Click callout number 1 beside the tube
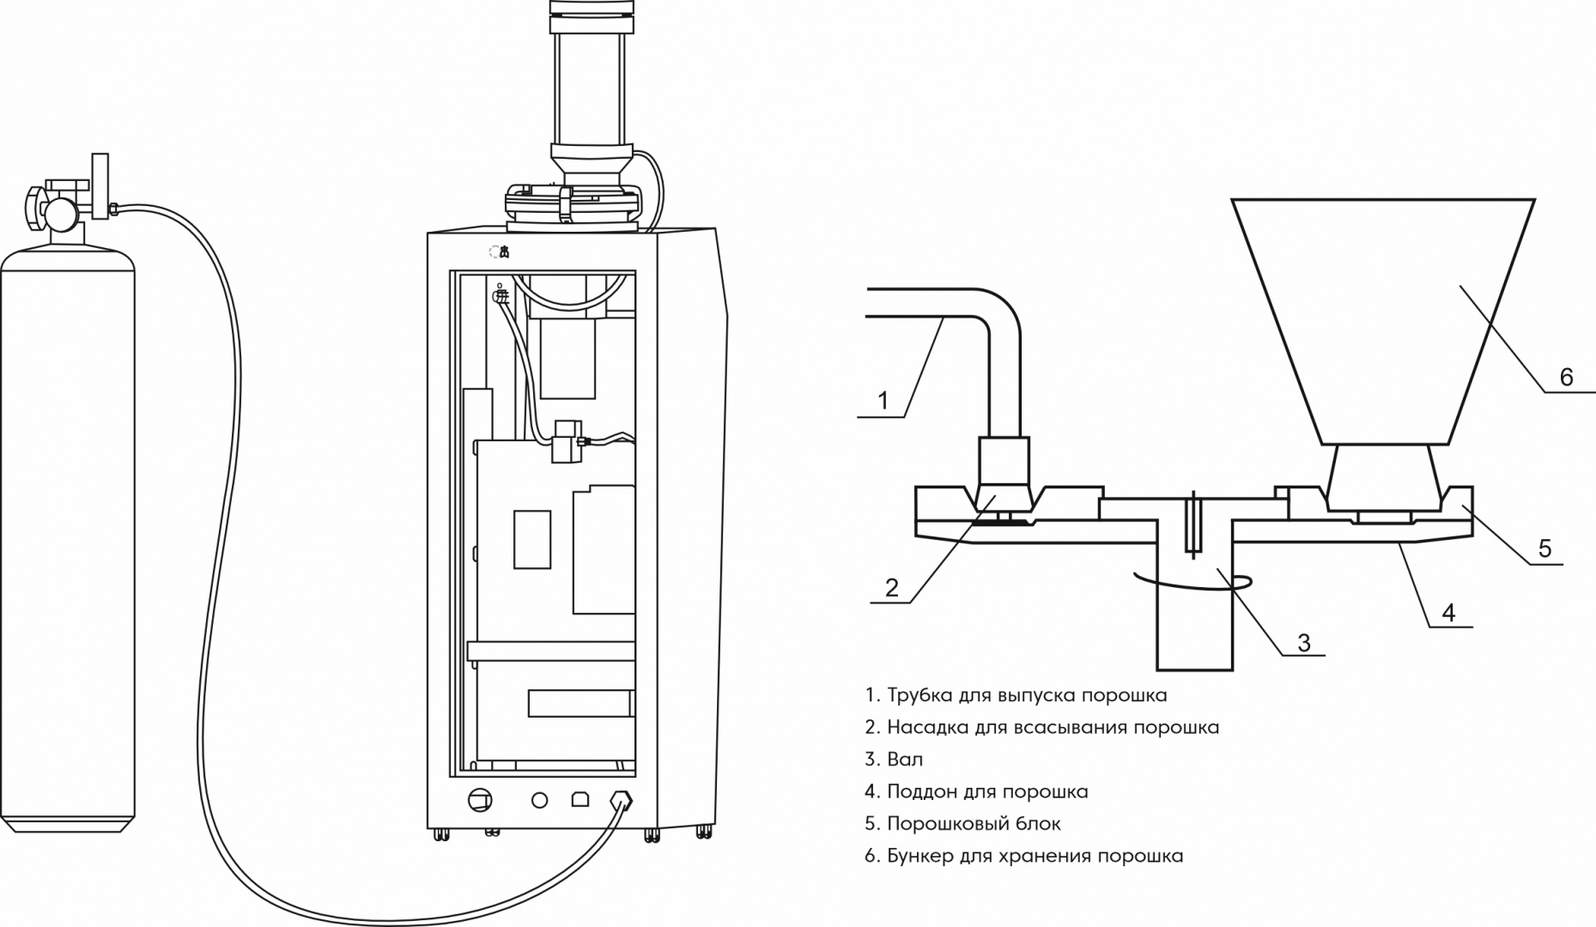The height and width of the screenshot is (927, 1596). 883,401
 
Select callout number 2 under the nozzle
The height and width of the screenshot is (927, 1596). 892,587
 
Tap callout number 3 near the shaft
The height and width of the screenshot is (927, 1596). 1304,642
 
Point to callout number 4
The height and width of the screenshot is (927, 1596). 1448,613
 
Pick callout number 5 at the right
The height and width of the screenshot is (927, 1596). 1544,548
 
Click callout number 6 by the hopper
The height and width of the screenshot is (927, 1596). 1566,377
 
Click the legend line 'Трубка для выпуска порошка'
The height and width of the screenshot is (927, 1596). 1016,695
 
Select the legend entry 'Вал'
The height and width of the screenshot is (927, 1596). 894,760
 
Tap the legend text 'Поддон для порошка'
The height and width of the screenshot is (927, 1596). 977,791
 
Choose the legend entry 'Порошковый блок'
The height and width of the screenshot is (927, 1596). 963,824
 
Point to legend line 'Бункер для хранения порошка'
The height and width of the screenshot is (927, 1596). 1024,856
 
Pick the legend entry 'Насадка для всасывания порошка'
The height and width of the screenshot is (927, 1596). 1042,728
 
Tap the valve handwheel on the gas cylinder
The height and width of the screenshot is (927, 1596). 33,206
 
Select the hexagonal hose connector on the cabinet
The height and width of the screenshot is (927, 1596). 621,801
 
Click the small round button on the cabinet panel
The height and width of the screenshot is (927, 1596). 539,800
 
